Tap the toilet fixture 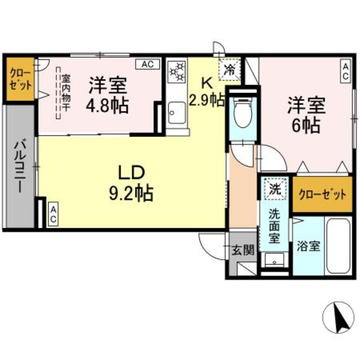[x=243, y=114]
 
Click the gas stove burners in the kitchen [x=177, y=73]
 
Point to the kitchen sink [x=177, y=112]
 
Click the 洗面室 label [x=274, y=224]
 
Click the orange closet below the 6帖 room [x=322, y=194]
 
